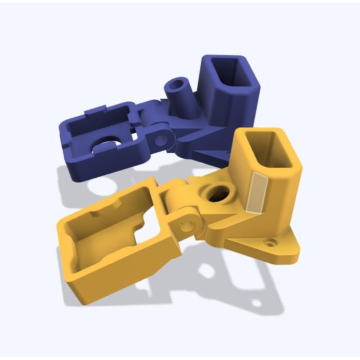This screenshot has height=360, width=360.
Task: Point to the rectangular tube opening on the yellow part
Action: point(271,150)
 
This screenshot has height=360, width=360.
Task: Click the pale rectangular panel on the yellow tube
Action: point(256,193)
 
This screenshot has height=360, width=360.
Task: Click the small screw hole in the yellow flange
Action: point(269,241)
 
